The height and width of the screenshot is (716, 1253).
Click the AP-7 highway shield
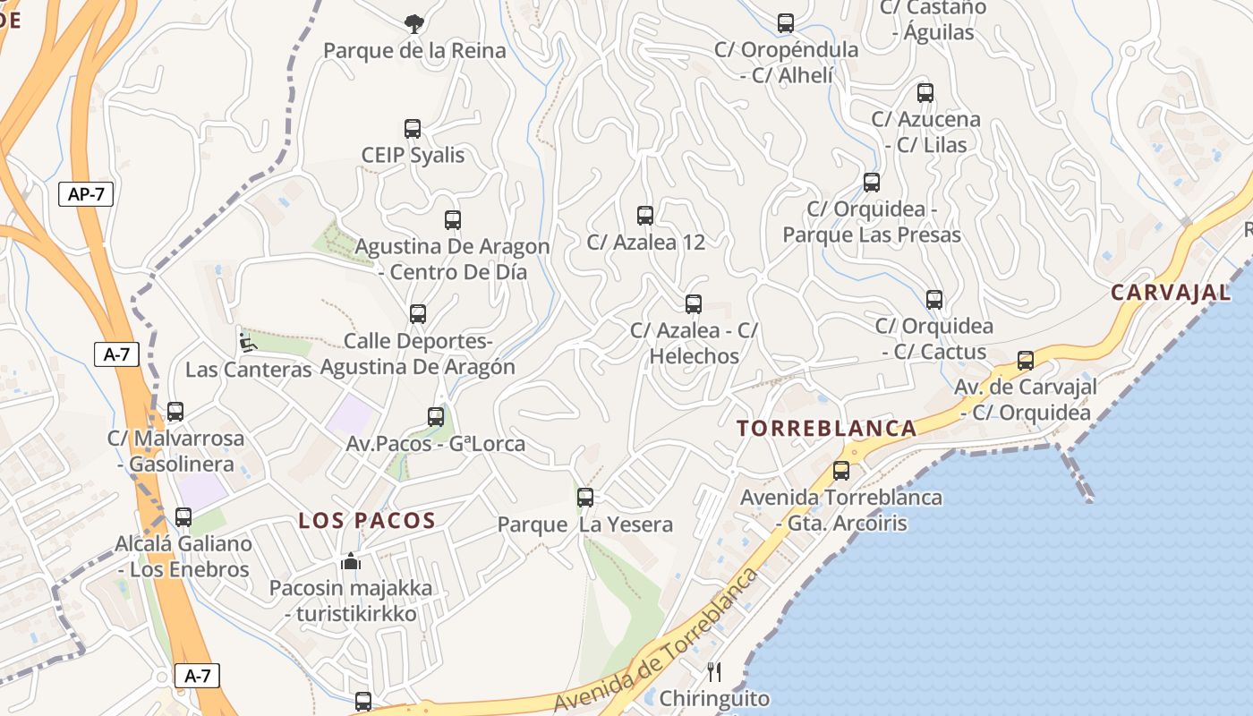86,193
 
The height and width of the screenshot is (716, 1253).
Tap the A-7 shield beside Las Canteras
117,354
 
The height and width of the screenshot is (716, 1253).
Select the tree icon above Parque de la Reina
413,23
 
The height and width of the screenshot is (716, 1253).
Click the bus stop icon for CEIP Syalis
413,129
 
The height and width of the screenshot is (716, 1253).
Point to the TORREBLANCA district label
827,428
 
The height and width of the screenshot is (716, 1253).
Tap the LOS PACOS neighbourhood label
367,520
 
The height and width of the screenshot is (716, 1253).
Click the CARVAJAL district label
1171,292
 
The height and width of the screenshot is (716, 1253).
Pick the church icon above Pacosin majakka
351,561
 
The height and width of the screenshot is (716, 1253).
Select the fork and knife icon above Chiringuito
714,671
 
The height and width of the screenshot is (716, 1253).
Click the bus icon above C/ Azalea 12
645,215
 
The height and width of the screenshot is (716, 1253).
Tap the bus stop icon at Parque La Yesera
585,497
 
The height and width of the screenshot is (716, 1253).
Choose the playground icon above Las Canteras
247,342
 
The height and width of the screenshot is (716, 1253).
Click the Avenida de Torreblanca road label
656,641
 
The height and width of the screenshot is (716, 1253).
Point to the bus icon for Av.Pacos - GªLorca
436,416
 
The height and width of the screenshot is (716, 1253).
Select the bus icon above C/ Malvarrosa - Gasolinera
175,412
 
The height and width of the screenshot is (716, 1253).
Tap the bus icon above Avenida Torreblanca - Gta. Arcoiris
841,470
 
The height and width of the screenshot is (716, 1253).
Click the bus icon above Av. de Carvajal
1026,361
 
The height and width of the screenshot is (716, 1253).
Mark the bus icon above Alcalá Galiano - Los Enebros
183,516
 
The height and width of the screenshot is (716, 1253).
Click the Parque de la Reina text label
414,50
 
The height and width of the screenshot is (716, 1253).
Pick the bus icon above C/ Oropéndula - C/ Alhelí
786,23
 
